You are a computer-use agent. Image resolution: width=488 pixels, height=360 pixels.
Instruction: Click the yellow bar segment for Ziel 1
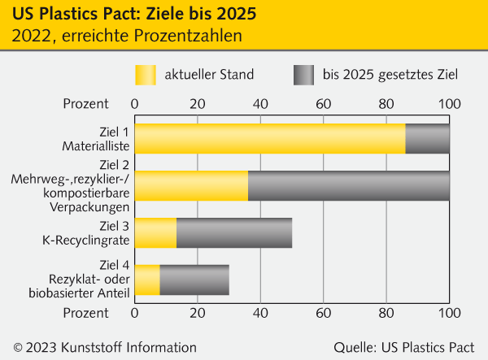(269, 139)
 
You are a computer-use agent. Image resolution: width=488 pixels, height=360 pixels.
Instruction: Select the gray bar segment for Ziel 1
(428, 139)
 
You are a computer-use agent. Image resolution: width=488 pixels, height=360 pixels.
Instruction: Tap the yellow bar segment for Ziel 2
(191, 186)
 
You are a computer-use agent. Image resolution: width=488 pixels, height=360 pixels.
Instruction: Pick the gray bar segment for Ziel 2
(349, 186)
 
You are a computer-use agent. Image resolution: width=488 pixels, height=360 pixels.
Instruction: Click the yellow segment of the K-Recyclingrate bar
(155, 233)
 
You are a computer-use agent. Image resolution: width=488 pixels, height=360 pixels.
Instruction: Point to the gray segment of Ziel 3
(234, 233)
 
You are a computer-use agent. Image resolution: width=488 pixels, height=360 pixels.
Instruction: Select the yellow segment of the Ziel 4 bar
(147, 280)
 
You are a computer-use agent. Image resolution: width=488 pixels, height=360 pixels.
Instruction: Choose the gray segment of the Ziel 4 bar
(194, 280)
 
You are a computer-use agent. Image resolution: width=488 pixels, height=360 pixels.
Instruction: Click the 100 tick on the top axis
(449, 104)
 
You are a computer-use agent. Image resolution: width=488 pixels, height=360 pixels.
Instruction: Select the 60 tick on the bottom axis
(323, 312)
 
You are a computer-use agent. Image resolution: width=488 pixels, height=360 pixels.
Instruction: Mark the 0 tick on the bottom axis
(134, 312)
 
